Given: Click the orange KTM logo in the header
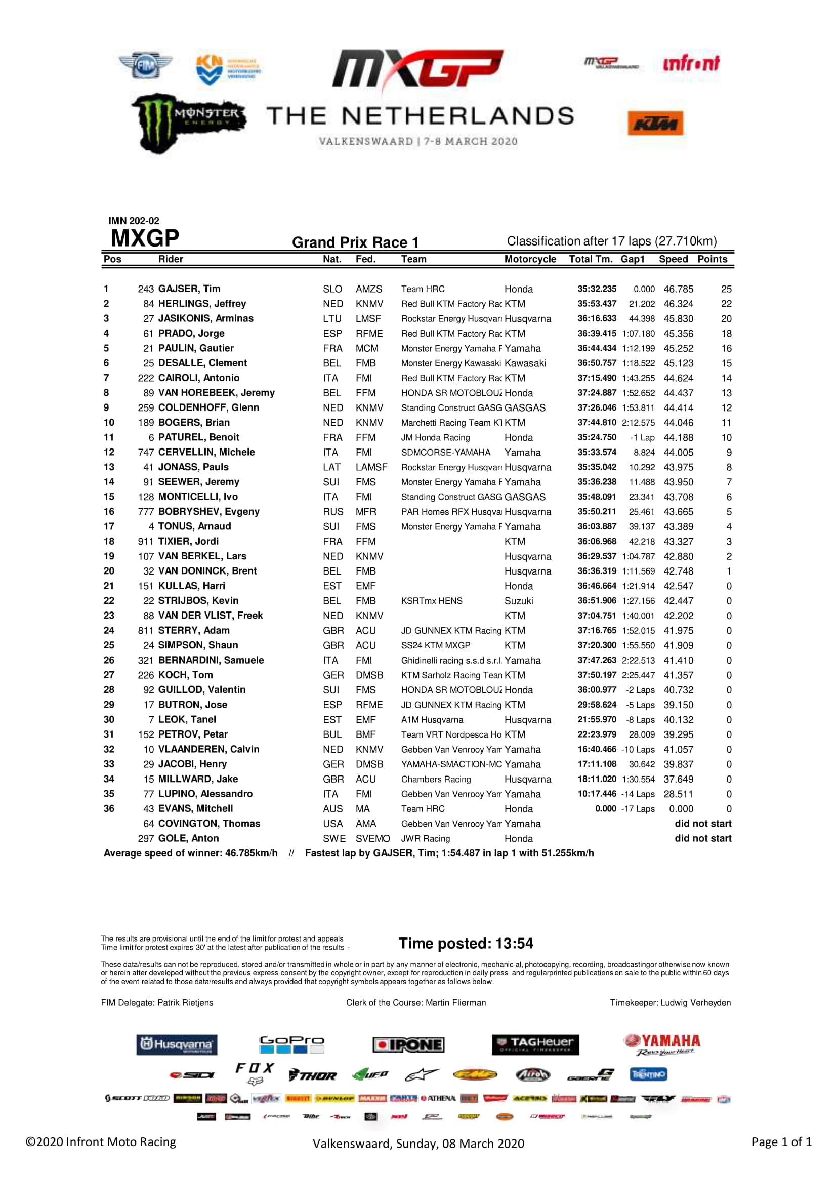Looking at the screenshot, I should tap(655, 123).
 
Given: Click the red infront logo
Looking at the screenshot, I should tap(691, 63).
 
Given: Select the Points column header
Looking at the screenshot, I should tap(712, 259).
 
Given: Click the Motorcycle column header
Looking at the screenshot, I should tap(530, 259).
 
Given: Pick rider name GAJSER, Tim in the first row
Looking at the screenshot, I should tap(189, 289).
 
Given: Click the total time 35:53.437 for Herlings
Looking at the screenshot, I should tap(596, 304).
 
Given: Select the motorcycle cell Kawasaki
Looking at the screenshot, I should tap(525, 363).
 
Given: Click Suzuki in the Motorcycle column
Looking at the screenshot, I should tap(519, 601).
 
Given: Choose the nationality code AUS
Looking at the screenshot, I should tap(332, 808).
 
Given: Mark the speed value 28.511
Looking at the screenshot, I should tap(678, 794).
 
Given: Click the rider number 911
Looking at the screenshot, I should tap(145, 542).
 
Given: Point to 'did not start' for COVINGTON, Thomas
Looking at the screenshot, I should tap(702, 824).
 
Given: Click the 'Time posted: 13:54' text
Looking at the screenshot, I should tap(466, 943).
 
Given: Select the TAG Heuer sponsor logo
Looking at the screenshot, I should tap(535, 1044).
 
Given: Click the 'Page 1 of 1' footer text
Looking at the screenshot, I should tap(781, 1141).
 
